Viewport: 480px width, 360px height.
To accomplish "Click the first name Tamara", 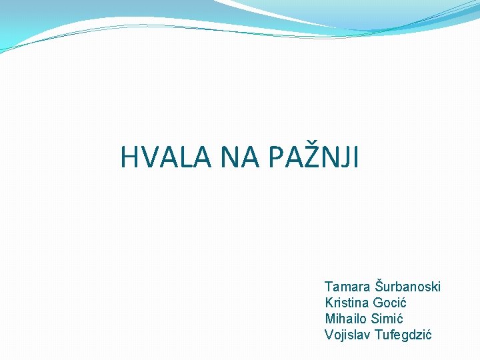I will (347, 287).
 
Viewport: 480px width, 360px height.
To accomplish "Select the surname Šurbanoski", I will (407, 286).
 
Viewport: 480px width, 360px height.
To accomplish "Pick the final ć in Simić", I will (399, 319).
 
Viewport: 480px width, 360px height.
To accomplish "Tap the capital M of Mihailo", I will (329, 319).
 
